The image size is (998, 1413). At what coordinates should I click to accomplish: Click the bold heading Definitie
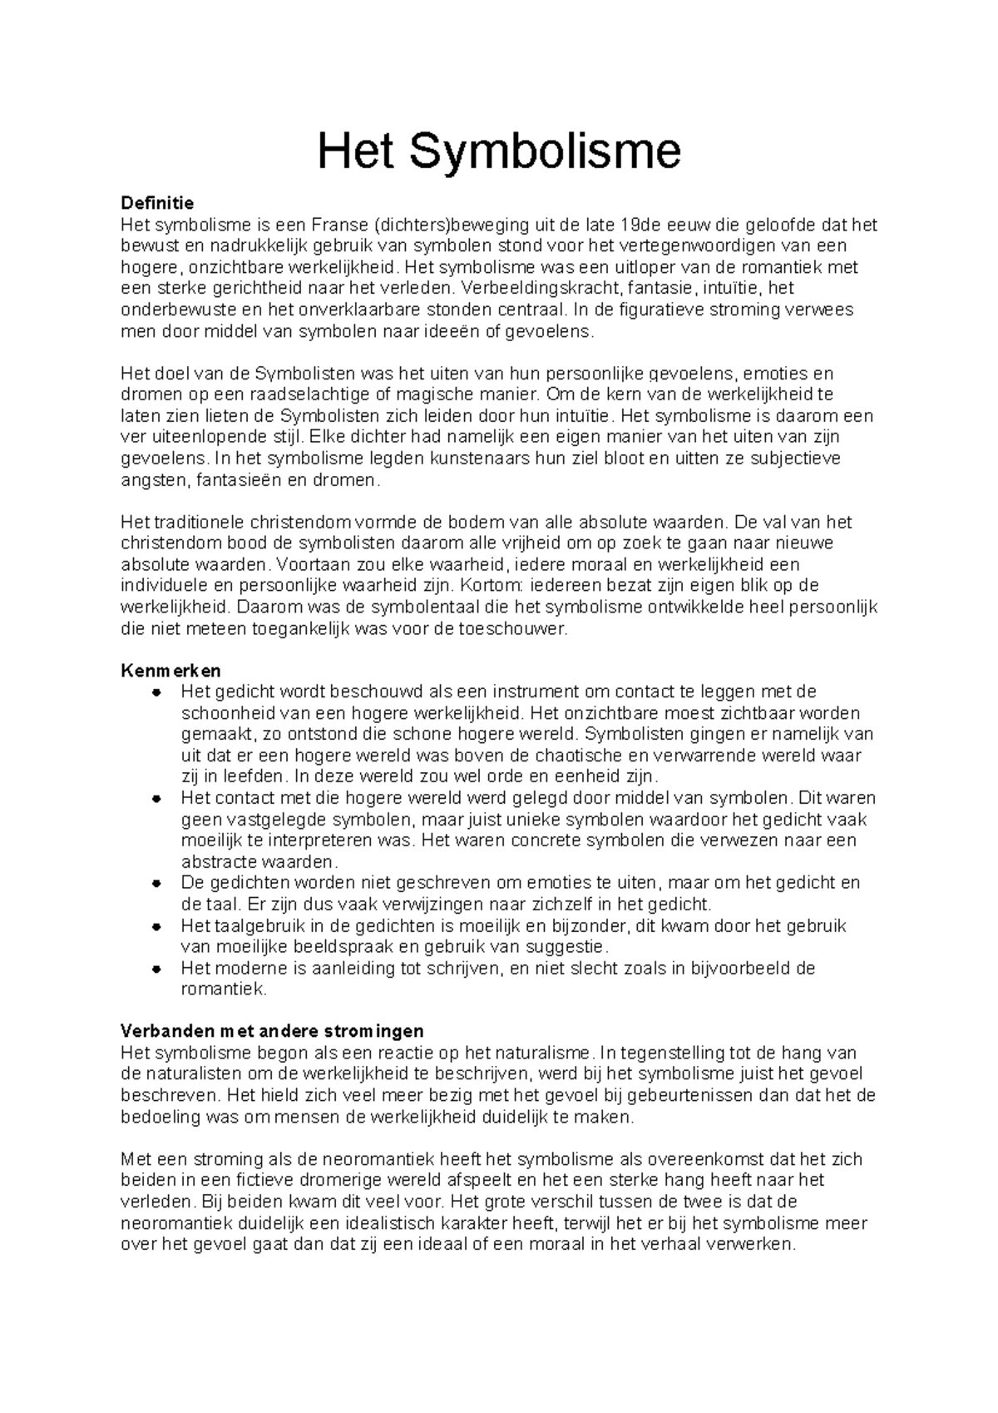[157, 203]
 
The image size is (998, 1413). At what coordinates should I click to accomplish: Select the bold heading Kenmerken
[170, 671]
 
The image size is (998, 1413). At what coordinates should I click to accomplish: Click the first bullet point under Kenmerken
[156, 692]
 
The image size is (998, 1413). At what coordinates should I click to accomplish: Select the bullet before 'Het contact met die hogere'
[156, 798]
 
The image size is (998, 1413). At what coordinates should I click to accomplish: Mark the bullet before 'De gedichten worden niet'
[156, 883]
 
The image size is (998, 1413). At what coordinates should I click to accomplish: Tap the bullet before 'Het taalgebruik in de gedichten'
[156, 926]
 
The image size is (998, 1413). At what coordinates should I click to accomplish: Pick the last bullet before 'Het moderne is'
[156, 969]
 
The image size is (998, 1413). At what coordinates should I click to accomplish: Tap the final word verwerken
[758, 1245]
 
